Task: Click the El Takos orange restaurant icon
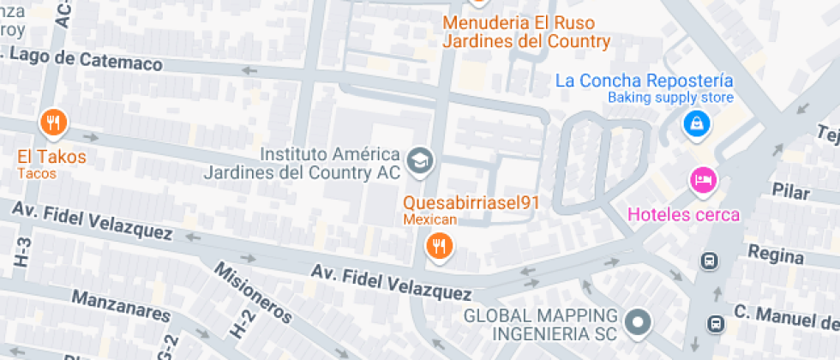(x=53, y=123)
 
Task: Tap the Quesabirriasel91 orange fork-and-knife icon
(x=440, y=247)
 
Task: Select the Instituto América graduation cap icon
(x=420, y=160)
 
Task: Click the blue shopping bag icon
(x=696, y=123)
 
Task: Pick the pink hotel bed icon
(x=703, y=181)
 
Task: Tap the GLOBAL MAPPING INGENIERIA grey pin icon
(x=637, y=323)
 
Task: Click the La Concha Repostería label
(x=645, y=81)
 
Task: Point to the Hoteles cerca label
(x=683, y=214)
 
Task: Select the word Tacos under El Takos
(x=37, y=174)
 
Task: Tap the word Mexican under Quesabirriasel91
(x=429, y=220)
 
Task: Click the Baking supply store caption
(x=671, y=98)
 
